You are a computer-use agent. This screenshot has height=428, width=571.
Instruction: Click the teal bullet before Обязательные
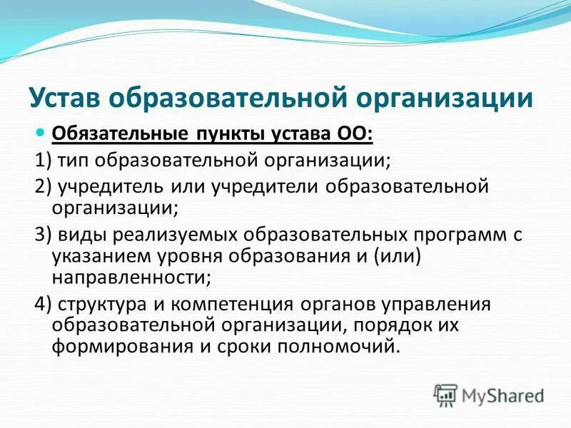[x=41, y=133]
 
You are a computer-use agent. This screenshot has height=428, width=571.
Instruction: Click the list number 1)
[x=43, y=160]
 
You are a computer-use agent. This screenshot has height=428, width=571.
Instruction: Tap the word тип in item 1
[x=74, y=160]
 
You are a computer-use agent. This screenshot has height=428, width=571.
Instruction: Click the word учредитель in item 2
[x=111, y=187]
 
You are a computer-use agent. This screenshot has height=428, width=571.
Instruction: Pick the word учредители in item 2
[x=264, y=187]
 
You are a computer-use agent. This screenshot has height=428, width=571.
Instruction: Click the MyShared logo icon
[x=445, y=394]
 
